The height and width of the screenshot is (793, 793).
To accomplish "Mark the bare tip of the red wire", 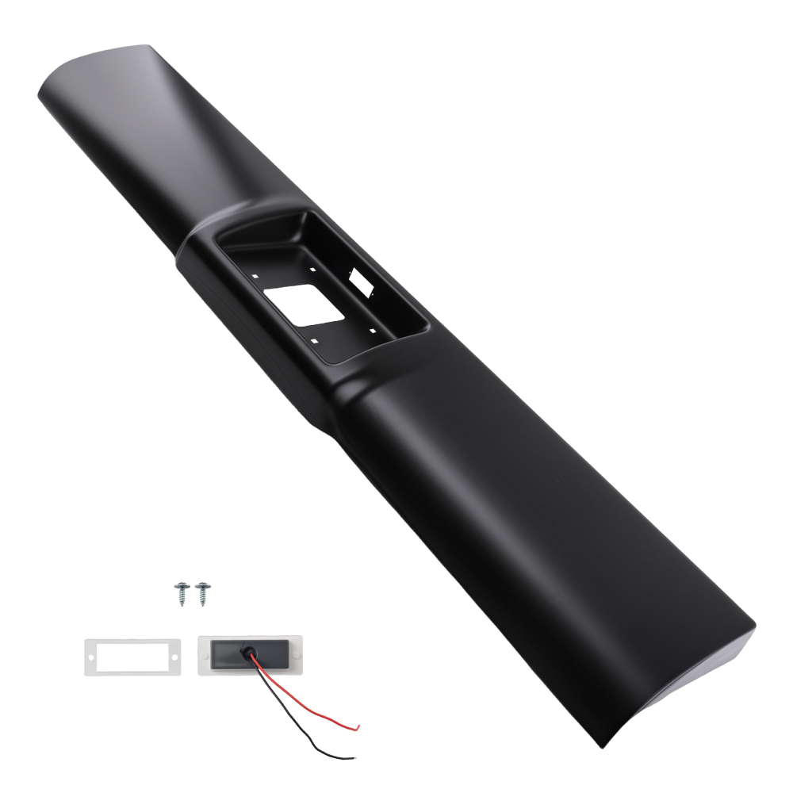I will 358,725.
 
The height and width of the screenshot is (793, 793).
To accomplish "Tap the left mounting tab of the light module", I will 204,657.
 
